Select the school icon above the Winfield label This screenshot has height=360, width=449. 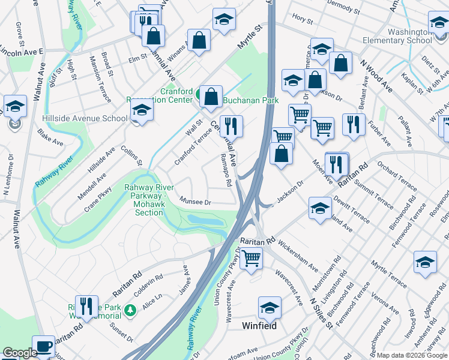coord(270,308)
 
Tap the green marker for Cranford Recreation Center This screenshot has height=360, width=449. coord(198,94)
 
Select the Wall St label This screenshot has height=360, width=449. coord(194,127)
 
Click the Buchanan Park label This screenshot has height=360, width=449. coord(251,101)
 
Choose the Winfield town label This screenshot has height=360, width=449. coord(259,326)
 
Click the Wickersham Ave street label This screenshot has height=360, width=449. coord(298,257)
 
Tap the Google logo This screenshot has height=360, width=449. coord(19,353)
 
